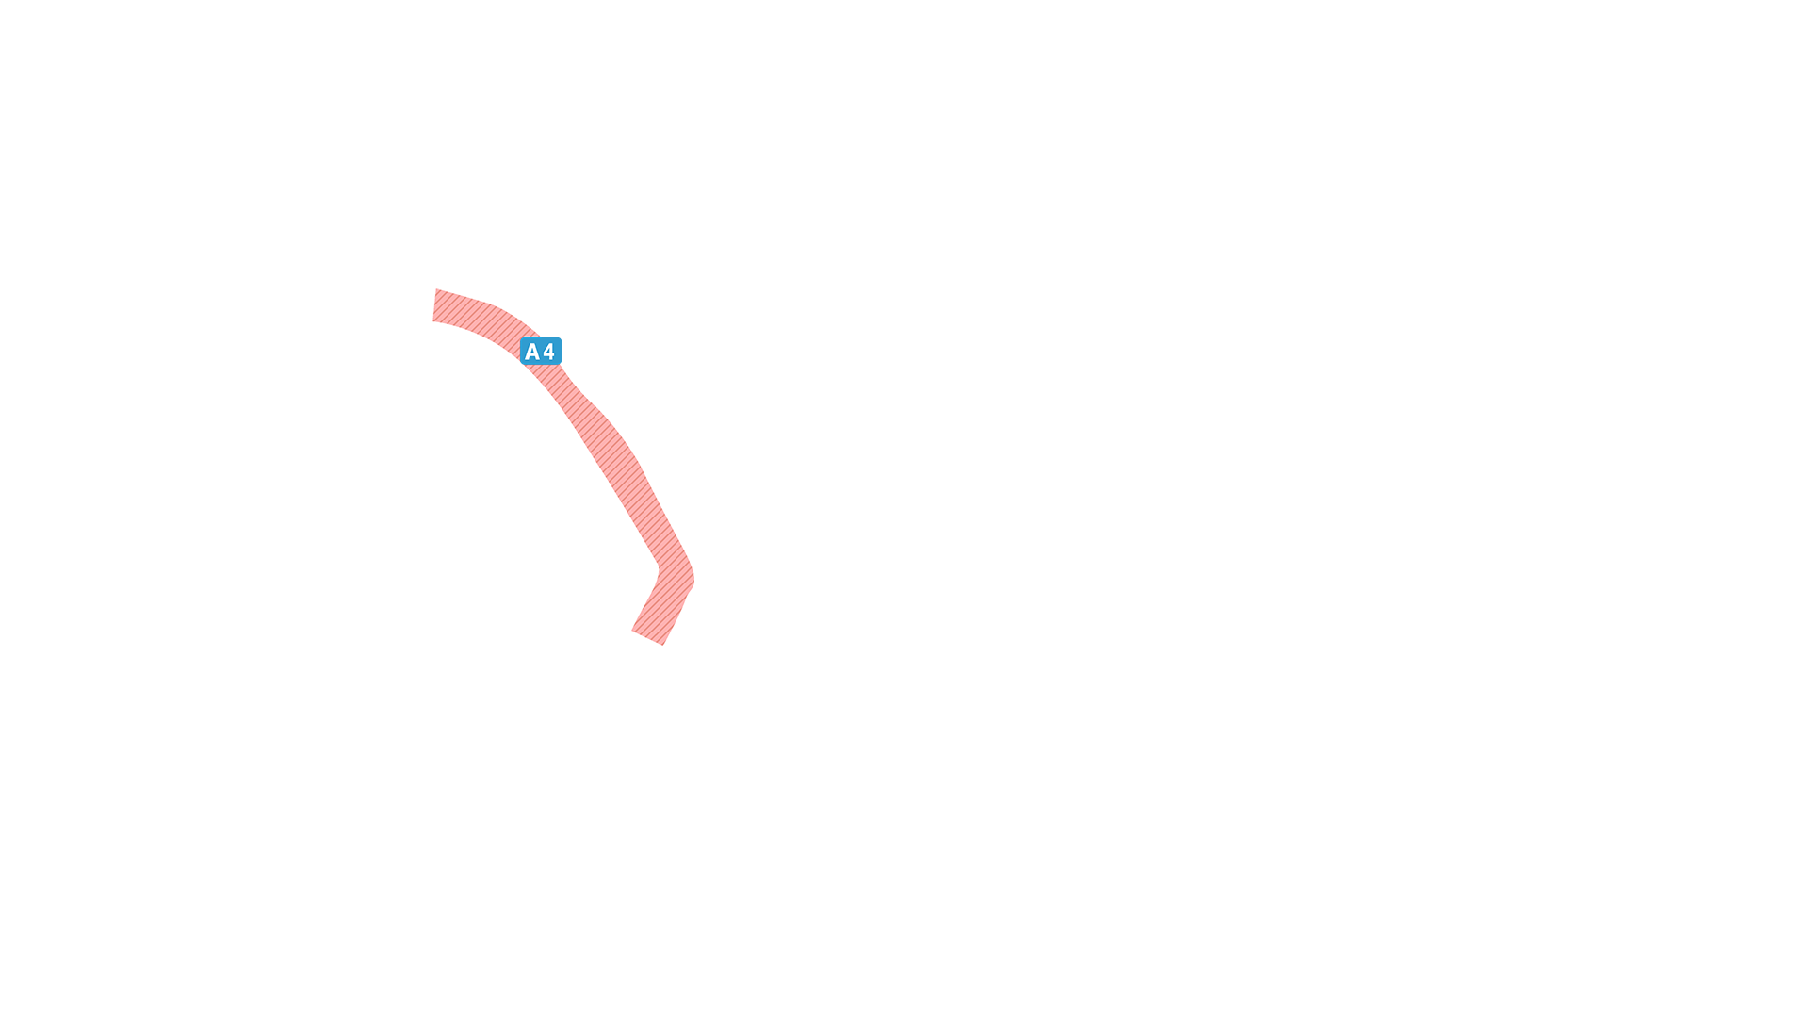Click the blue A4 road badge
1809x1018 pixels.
(541, 352)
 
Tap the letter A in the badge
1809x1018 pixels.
(532, 353)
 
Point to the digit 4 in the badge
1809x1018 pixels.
(549, 353)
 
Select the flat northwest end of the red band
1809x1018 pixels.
(434, 305)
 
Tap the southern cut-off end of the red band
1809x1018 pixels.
(647, 638)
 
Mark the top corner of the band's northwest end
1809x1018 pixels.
(436, 289)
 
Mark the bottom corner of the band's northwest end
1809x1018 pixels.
(433, 321)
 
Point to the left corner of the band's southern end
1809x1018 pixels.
(632, 631)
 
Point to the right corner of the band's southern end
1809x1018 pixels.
(663, 645)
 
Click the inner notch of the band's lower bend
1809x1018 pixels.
(659, 568)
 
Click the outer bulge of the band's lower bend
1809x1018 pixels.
(693, 578)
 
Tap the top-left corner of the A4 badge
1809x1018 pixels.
(521, 338)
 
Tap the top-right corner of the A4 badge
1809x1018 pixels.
(561, 338)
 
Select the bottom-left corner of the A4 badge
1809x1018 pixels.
(521, 364)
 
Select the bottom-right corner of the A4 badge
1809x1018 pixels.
(561, 364)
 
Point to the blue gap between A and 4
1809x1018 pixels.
(542, 353)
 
